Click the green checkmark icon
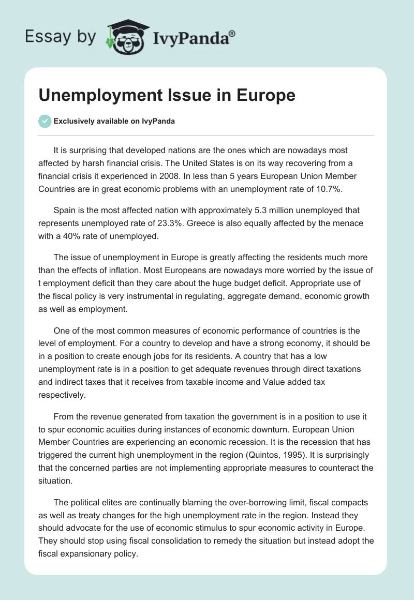point(45,121)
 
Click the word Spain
point(64,211)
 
